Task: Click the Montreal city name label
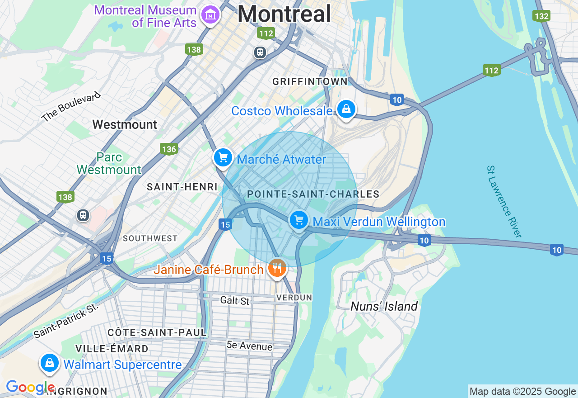point(284,14)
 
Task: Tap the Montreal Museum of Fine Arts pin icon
point(210,15)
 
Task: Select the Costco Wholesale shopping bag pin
point(346,109)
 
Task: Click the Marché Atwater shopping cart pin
point(223,158)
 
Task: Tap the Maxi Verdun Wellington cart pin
point(298,221)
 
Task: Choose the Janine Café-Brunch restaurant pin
point(277,269)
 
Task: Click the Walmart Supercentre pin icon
point(49,363)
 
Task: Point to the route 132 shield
point(541,16)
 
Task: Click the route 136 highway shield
point(168,149)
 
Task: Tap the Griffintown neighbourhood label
point(310,81)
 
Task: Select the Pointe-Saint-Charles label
point(313,194)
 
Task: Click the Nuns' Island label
point(384,306)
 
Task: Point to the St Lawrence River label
point(504,201)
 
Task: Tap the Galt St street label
point(235,300)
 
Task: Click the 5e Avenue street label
point(249,346)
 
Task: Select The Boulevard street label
point(70,107)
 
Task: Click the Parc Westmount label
point(109,163)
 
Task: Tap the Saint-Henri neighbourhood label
point(182,187)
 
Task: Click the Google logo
point(30,388)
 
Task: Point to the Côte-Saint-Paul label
point(157,332)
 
